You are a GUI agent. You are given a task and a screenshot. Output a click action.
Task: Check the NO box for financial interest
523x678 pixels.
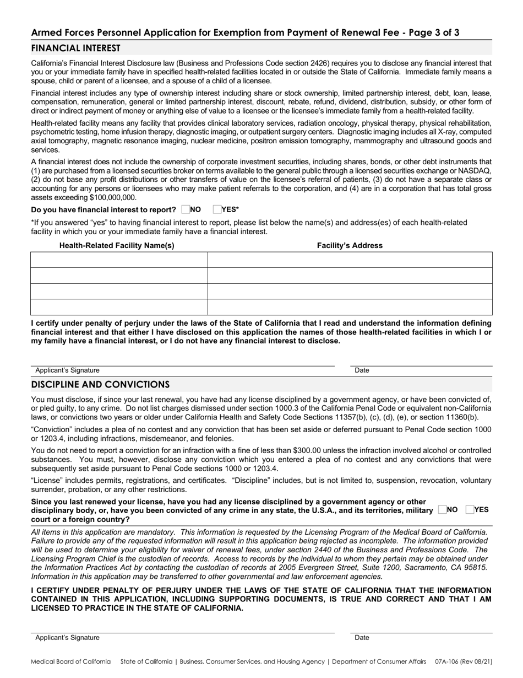[185, 209]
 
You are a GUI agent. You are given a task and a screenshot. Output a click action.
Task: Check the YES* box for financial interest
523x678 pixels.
[216, 209]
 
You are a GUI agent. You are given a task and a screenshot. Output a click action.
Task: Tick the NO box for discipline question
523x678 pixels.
[442, 510]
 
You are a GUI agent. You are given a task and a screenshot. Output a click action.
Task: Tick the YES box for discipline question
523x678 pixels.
[470, 510]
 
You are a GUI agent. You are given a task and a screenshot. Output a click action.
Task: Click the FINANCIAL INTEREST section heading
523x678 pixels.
[75, 48]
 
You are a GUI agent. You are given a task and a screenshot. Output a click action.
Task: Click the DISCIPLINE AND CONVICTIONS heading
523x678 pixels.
[100, 384]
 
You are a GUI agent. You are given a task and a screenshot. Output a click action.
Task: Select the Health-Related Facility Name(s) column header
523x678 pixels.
[117, 245]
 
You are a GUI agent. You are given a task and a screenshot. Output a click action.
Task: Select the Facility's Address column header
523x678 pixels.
[350, 245]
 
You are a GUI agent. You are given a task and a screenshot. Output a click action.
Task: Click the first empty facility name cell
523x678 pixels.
[119, 260]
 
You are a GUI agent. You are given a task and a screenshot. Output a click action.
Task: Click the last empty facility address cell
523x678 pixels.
[350, 307]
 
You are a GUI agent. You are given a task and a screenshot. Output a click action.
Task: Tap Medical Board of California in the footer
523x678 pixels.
[70, 661]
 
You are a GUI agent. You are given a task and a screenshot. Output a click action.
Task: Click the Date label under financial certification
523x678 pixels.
[362, 370]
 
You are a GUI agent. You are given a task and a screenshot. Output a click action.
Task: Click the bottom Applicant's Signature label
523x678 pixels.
[67, 637]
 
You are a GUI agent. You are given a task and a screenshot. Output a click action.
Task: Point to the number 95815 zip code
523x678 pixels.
[476, 567]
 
